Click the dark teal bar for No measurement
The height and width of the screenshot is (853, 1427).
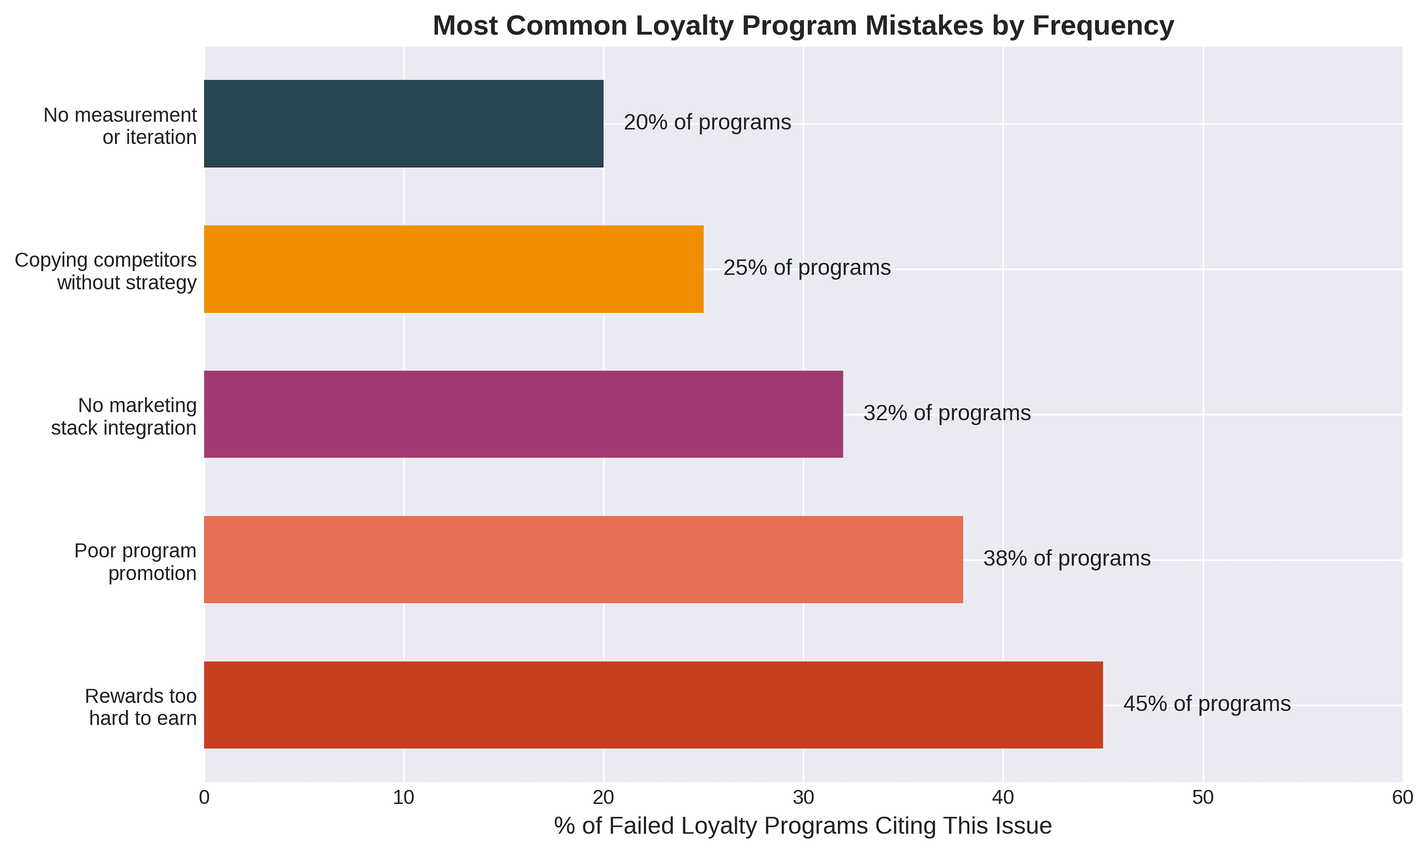tap(403, 124)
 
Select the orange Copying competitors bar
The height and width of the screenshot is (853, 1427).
tap(454, 269)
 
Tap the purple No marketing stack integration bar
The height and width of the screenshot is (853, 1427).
tap(523, 414)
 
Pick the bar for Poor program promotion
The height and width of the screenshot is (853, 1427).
tap(583, 560)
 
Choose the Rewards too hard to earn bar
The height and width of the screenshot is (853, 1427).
tap(653, 705)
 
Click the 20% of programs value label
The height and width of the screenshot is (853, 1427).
tap(707, 122)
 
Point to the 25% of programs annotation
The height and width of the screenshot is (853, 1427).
tap(806, 268)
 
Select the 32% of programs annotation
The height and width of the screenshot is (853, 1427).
tap(947, 413)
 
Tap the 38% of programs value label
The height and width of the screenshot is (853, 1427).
tap(1066, 558)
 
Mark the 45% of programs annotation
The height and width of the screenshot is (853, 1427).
tap(1206, 704)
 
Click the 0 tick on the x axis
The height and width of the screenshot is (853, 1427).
tap(204, 798)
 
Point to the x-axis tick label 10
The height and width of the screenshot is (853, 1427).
tap(403, 798)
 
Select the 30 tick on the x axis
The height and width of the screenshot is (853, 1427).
tap(803, 798)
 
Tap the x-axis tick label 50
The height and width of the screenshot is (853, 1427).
tap(1202, 798)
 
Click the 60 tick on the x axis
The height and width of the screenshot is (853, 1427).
tap(1402, 798)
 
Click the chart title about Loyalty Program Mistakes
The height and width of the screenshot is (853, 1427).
tap(803, 26)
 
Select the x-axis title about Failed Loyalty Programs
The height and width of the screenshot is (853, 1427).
tap(803, 826)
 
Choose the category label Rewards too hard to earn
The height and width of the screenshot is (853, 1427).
tap(142, 707)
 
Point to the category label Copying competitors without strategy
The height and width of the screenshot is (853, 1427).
tap(106, 271)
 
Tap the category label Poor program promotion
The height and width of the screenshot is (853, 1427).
tap(136, 562)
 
